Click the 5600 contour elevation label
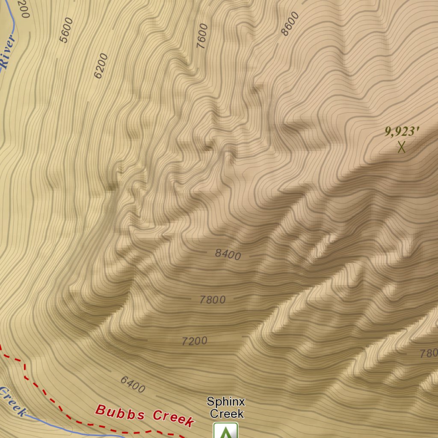(x=66, y=30)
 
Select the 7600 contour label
(x=202, y=36)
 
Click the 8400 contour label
(x=228, y=255)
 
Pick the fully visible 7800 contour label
(x=213, y=300)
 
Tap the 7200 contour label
(x=195, y=341)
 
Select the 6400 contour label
(x=133, y=384)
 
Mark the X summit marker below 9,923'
(x=401, y=147)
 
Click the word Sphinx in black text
(x=226, y=402)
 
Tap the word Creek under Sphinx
(x=227, y=414)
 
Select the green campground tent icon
(x=225, y=431)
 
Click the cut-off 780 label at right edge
(x=429, y=353)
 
